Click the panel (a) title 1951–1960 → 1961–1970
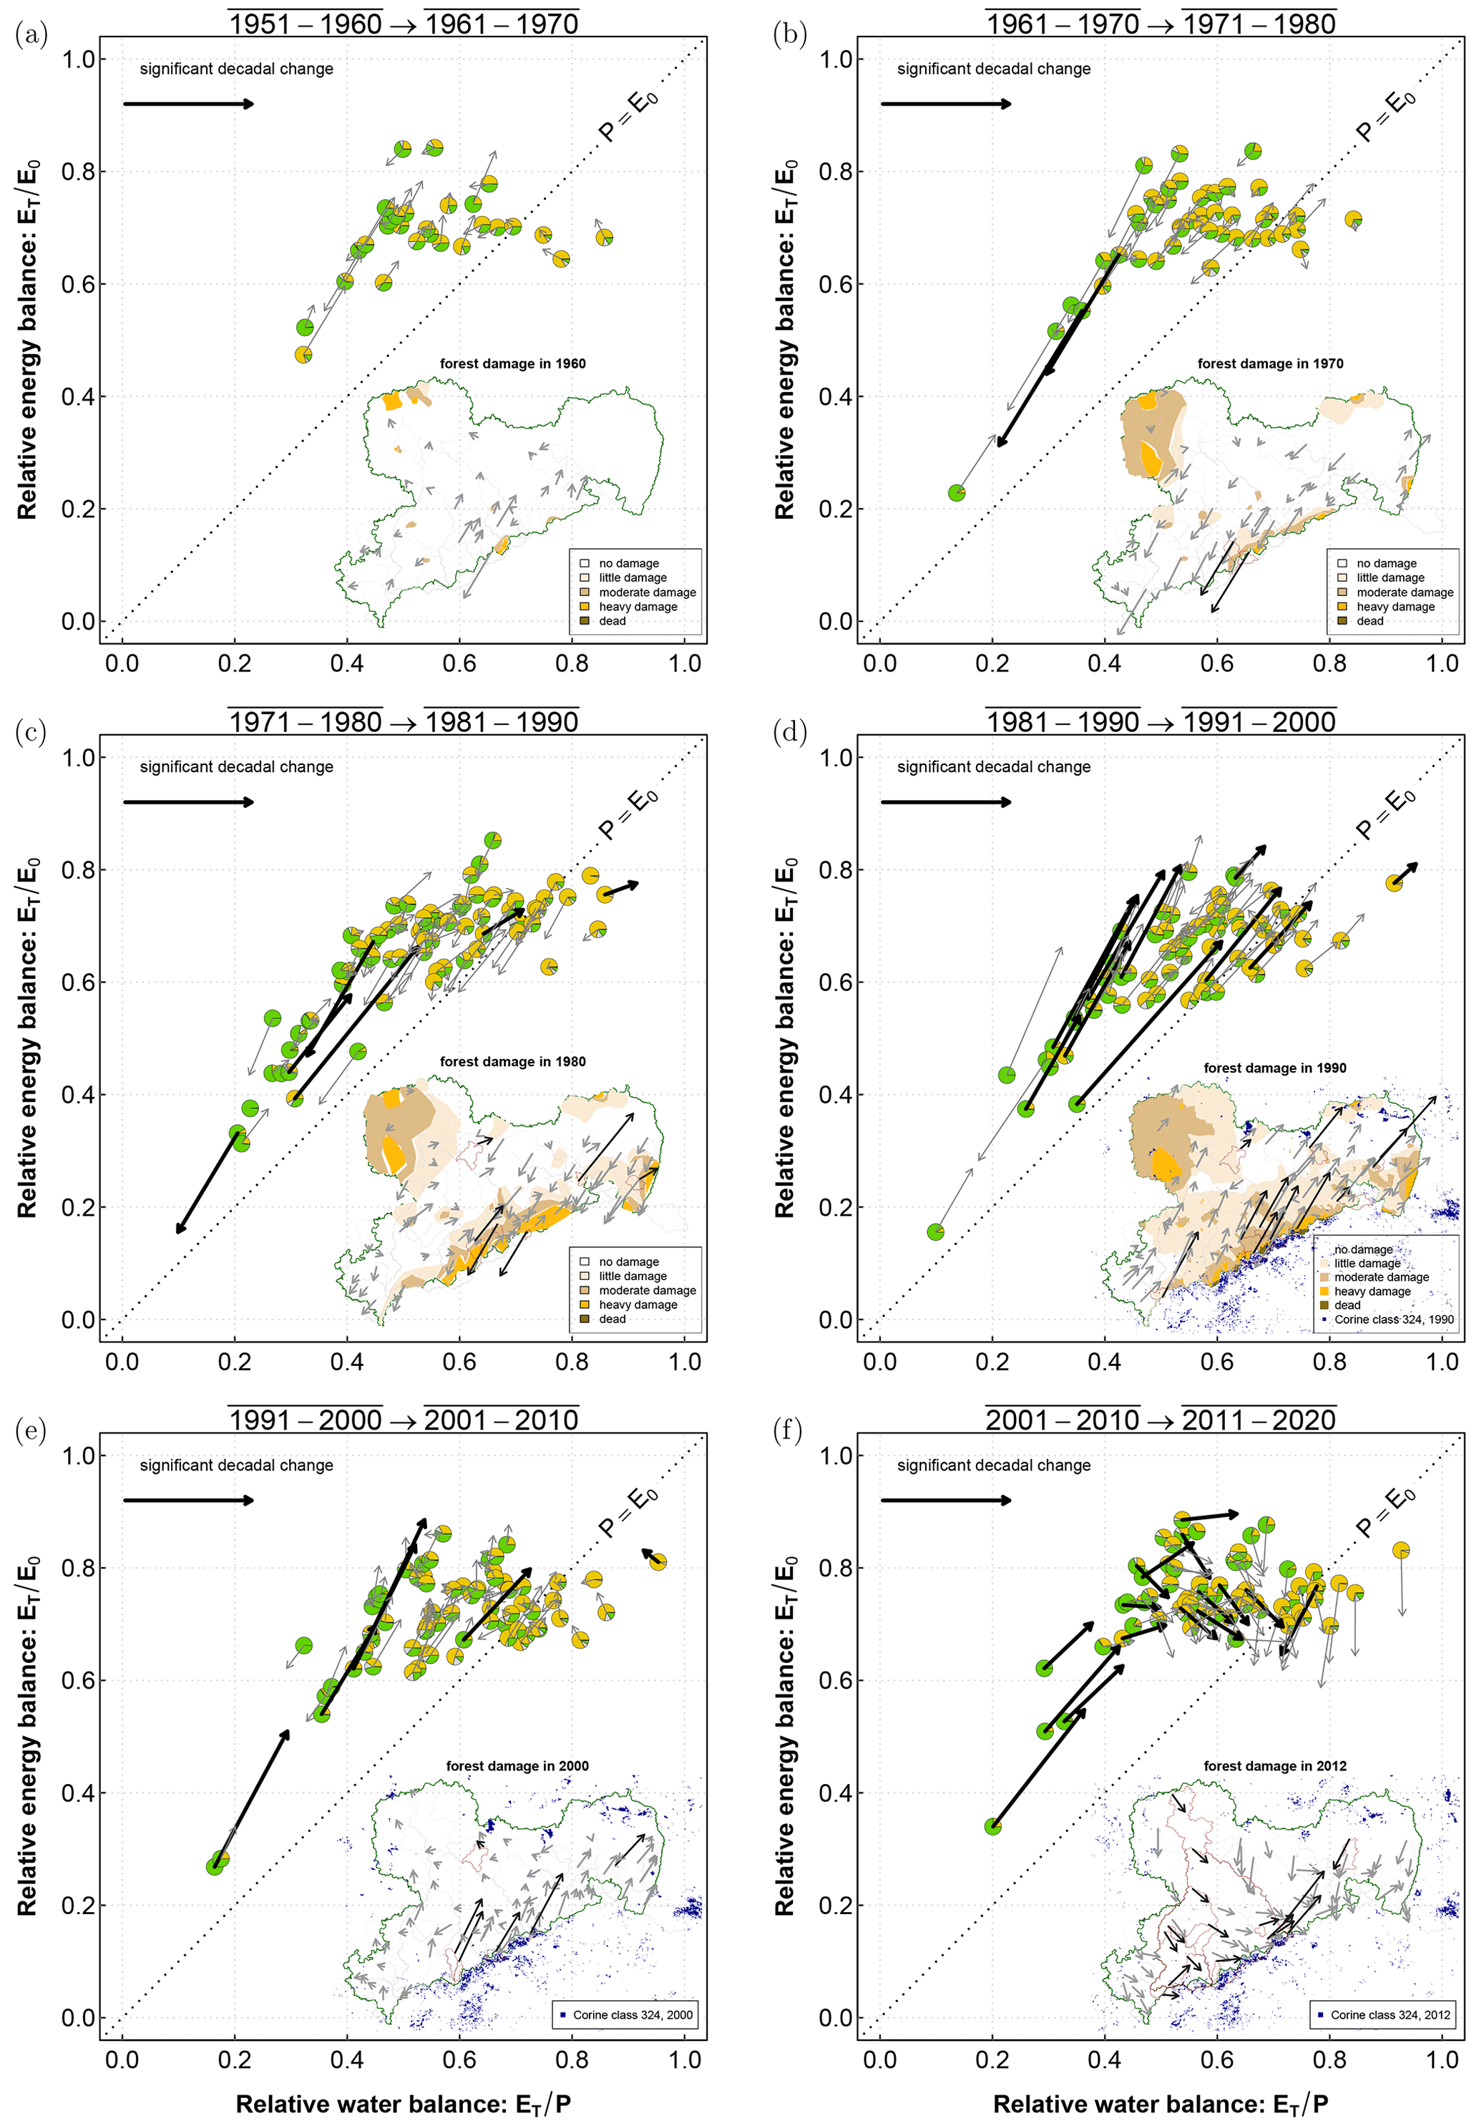point(403,23)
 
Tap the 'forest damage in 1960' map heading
point(512,364)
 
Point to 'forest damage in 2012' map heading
point(1274,1766)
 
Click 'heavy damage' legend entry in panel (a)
point(637,607)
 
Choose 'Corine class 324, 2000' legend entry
point(632,2015)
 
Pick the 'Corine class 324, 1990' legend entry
point(1393,1320)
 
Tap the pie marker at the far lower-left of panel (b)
point(957,492)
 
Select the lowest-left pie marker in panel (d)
point(935,1232)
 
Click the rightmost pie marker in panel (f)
point(1401,1550)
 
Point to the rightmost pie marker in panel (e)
point(658,1563)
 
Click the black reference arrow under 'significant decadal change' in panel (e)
point(188,1500)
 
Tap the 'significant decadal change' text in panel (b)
point(994,69)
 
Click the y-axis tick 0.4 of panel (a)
point(78,396)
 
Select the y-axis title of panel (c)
point(28,1037)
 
